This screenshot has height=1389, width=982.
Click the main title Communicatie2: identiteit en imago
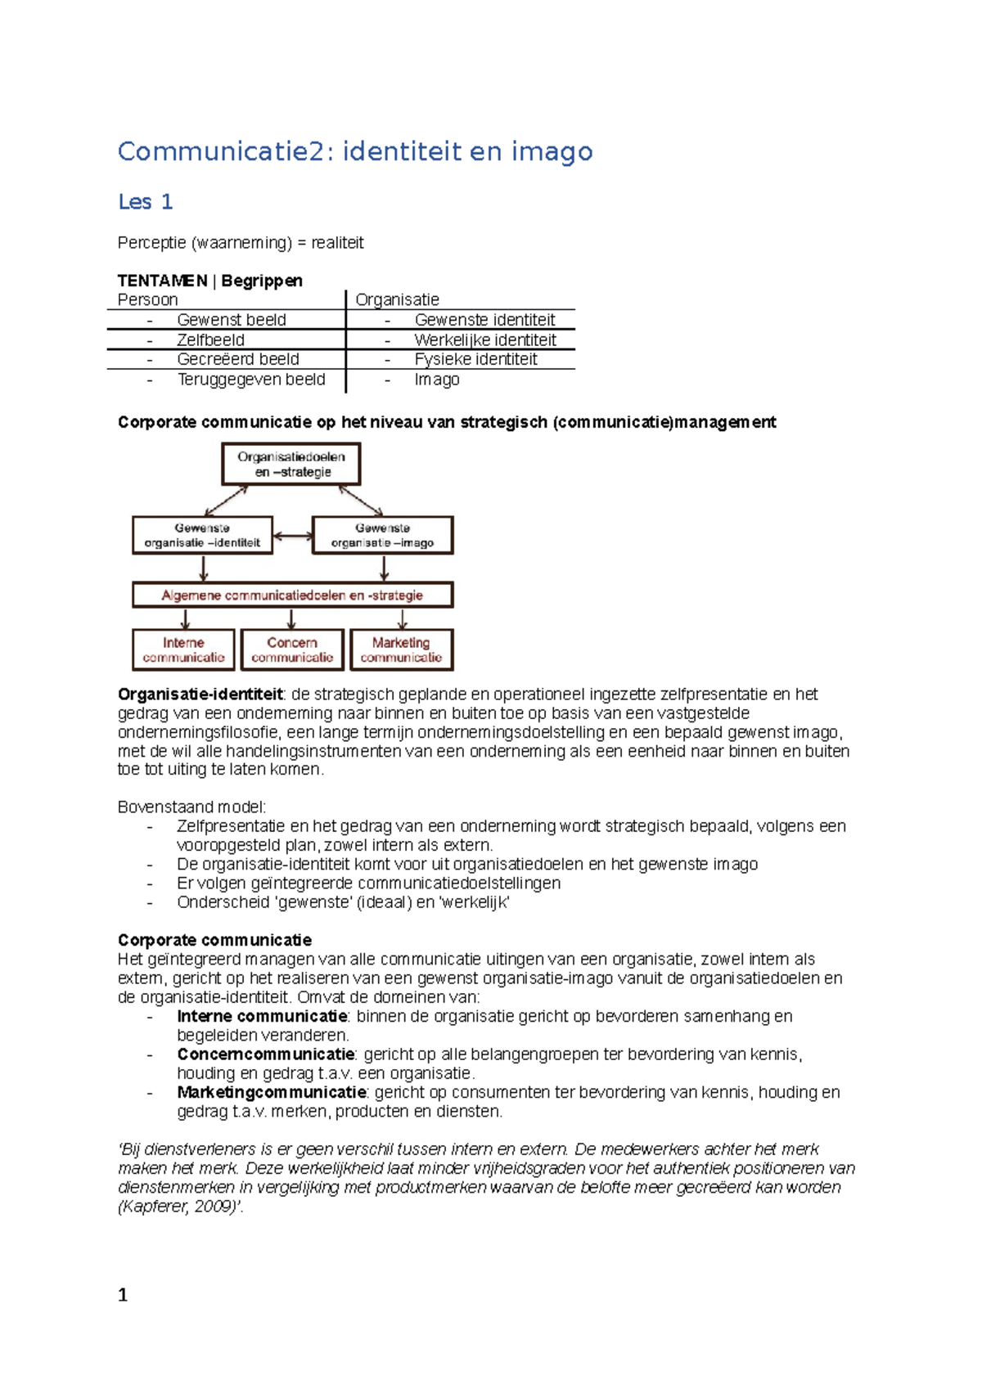pos(354,151)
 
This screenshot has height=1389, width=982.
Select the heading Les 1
pos(145,202)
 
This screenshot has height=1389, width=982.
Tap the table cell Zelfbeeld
pos(210,339)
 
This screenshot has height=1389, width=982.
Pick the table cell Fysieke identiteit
pos(475,359)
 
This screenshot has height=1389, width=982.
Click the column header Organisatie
pos(397,299)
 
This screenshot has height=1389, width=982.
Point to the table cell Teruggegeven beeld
pos(250,380)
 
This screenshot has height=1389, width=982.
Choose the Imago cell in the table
pos(436,380)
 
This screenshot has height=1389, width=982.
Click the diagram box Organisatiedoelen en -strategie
pos(291,464)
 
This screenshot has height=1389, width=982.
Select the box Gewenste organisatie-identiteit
pos(202,535)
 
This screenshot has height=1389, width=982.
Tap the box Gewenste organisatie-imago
pos(382,535)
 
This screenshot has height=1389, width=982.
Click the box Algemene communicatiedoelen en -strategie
pos(292,595)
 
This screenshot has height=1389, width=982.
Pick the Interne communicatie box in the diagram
pos(183,650)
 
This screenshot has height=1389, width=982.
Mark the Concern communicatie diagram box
pos(292,650)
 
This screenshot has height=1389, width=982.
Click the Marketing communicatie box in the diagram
pos(401,650)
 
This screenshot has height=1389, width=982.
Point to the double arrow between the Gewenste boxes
pos(292,537)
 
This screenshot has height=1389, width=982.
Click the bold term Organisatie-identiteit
pos(200,694)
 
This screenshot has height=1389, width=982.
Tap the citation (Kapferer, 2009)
pos(180,1207)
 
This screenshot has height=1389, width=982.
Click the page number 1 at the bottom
pos(123,1295)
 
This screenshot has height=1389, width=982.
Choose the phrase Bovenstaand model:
pos(191,807)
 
